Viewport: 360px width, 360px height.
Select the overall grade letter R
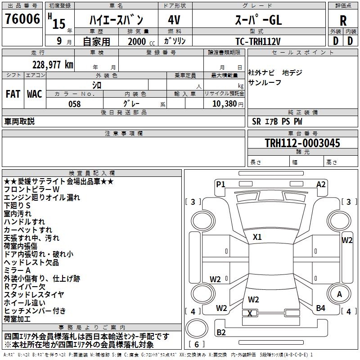click(343, 20)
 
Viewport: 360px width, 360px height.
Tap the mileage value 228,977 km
click(53, 65)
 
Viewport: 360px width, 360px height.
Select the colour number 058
click(74, 104)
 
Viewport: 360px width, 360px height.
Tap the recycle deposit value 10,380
click(224, 104)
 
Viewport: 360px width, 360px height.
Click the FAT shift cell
click(13, 94)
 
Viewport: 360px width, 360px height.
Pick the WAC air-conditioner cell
click(35, 94)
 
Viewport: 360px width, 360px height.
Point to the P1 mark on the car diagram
click(220, 184)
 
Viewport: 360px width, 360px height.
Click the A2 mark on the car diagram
click(321, 184)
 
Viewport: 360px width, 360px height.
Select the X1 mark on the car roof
click(257, 237)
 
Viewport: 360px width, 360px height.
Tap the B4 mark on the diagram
click(320, 308)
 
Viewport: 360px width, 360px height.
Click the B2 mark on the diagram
click(221, 333)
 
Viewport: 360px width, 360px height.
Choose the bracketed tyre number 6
click(197, 345)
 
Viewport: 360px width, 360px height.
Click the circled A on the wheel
click(339, 294)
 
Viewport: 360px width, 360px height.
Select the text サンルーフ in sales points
click(265, 82)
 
